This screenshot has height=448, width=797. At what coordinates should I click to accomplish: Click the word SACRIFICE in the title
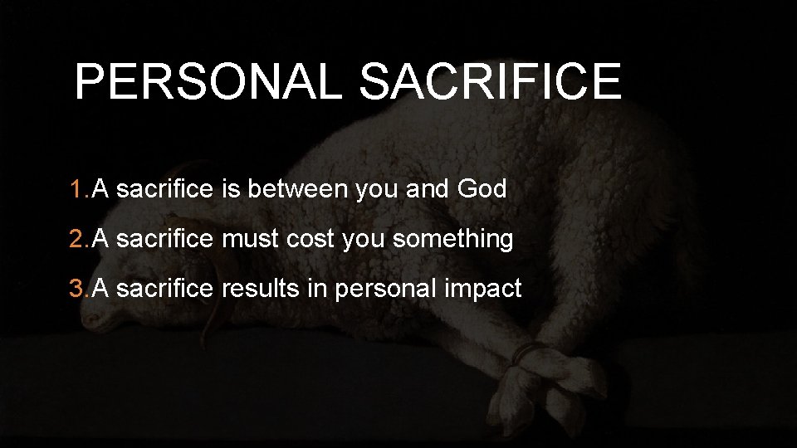click(x=490, y=81)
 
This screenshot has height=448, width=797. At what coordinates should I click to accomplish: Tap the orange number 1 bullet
click(x=78, y=189)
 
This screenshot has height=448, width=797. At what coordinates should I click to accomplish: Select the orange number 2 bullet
click(x=78, y=239)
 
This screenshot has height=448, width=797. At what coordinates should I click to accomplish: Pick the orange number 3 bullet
click(x=78, y=289)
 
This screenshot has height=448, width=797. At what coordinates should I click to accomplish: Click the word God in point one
click(x=482, y=189)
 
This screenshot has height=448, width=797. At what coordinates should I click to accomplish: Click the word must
click(x=252, y=239)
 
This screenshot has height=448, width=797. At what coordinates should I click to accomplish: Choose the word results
click(x=260, y=289)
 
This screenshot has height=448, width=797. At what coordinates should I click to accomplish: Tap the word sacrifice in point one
click(x=165, y=189)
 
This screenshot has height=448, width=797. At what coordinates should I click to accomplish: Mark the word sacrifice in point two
click(x=165, y=239)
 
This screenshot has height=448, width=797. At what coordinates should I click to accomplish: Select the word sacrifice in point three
click(x=165, y=289)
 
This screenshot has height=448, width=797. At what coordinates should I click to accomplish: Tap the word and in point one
click(x=428, y=189)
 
